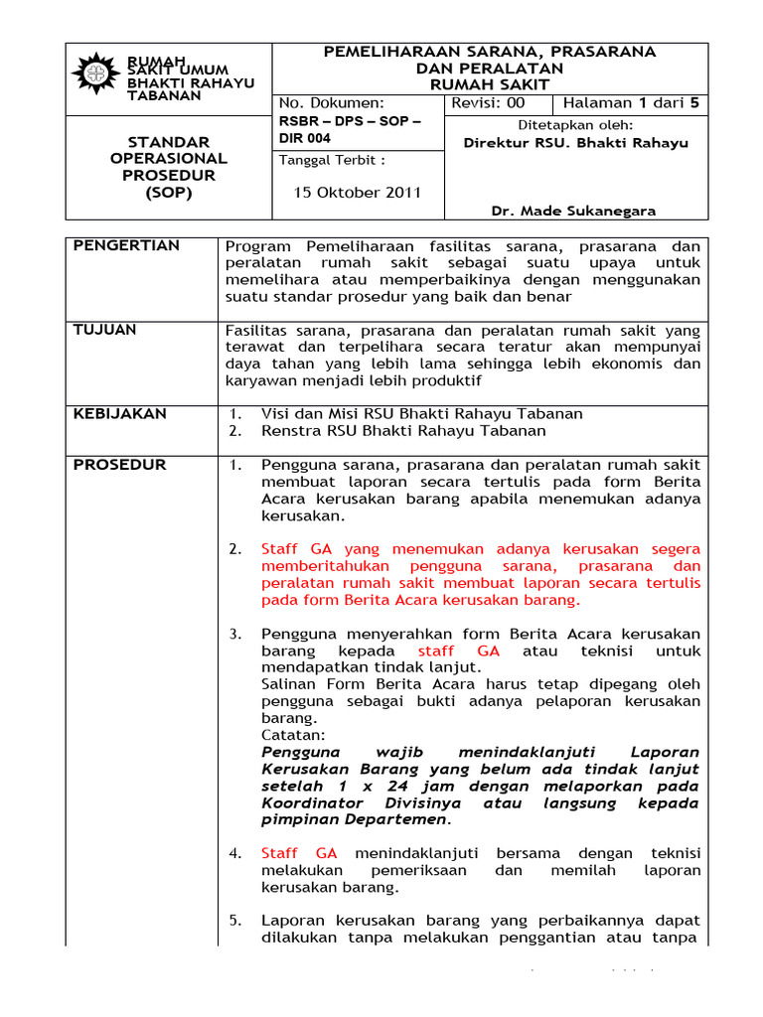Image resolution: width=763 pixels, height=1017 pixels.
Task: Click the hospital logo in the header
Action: click(96, 73)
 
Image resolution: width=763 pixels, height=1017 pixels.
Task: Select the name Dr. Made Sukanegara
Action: click(575, 211)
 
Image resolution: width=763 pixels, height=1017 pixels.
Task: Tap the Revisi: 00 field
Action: click(488, 103)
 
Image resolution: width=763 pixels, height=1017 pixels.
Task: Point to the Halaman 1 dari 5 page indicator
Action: click(631, 103)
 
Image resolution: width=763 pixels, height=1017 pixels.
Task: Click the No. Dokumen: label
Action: click(330, 103)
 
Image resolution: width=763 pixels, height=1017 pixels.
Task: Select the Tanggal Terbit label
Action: click(331, 160)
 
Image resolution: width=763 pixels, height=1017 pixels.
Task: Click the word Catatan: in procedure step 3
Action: click(293, 735)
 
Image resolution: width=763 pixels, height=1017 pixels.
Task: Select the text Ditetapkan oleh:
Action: click(575, 125)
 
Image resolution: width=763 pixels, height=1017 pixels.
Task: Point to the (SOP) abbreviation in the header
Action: click(168, 193)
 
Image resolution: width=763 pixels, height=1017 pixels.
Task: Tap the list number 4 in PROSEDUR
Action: click(234, 853)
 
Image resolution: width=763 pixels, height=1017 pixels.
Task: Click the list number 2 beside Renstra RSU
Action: click(234, 431)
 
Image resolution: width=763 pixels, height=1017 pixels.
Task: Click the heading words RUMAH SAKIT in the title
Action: click(489, 85)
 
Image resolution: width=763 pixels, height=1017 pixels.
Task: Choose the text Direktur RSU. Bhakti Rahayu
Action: click(575, 143)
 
